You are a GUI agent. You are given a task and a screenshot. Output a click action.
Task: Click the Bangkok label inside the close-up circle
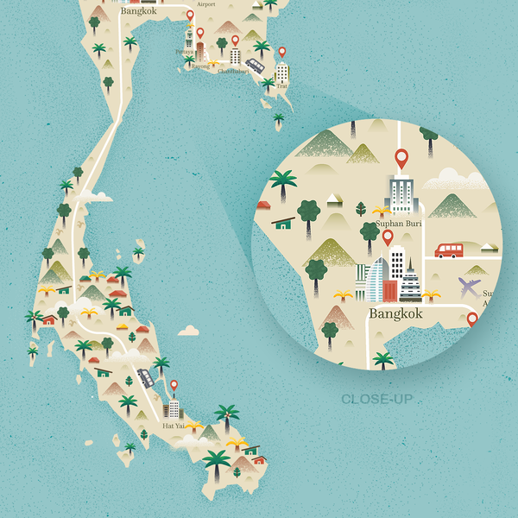click(395, 313)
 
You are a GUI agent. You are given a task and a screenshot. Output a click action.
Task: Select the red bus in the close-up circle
click(449, 250)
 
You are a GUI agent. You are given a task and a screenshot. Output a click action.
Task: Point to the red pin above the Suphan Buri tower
click(401, 159)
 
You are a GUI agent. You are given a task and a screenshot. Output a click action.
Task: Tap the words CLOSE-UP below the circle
click(376, 399)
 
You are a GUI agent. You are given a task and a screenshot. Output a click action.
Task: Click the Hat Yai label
click(174, 426)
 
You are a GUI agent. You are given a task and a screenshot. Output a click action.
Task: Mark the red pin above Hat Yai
click(174, 385)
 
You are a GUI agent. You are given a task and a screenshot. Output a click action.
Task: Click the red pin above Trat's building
click(281, 53)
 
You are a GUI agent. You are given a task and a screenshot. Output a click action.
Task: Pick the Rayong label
click(199, 65)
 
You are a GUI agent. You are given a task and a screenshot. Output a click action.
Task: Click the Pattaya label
click(184, 52)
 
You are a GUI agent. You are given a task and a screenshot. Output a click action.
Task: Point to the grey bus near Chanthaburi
click(255, 65)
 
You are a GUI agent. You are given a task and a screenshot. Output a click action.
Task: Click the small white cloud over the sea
click(189, 331)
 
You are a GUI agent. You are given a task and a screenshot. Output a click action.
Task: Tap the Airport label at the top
click(206, 4)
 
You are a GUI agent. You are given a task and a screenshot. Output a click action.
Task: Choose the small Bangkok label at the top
click(139, 12)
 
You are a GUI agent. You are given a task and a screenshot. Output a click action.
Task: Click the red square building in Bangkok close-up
click(389, 290)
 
